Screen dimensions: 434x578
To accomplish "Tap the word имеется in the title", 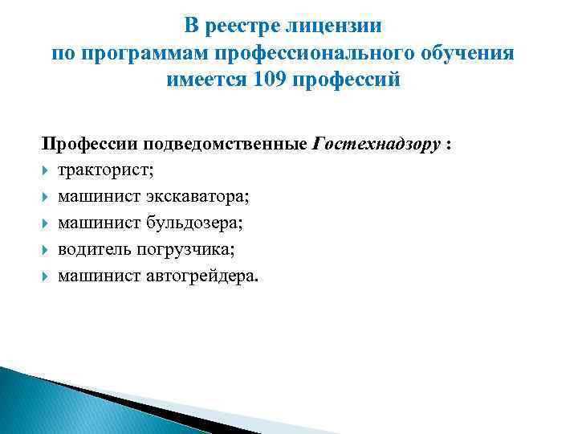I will click(x=206, y=80).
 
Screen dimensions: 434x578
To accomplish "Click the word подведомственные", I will click(x=225, y=145).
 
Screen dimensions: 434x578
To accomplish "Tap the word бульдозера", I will click(x=195, y=223).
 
